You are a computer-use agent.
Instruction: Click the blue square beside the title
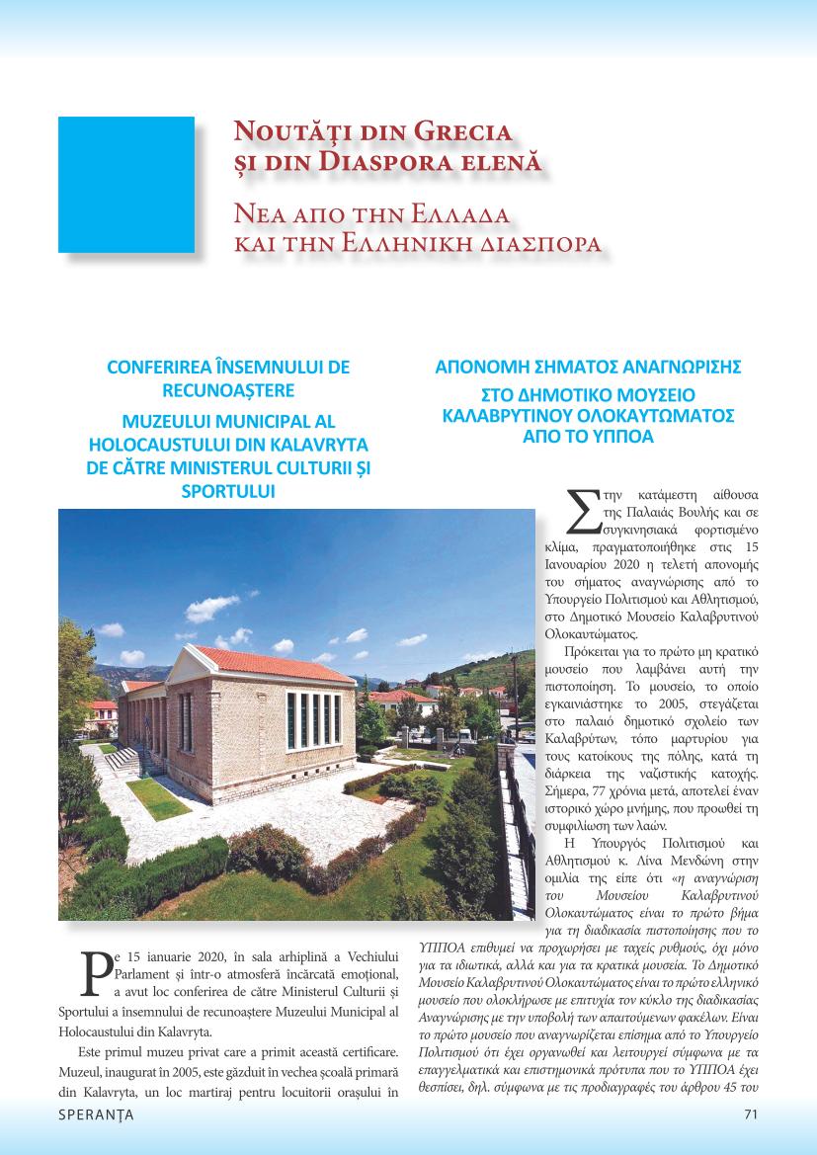(126, 185)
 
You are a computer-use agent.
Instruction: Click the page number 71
(750, 1115)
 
